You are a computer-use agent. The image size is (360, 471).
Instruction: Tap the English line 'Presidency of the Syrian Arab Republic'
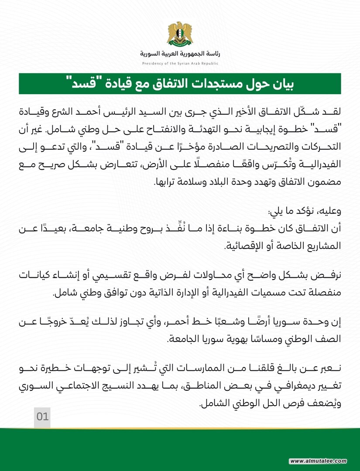point(180,64)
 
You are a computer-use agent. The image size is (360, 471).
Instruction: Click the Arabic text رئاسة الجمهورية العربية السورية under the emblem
point(180,54)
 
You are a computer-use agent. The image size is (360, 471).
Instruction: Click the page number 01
point(42,416)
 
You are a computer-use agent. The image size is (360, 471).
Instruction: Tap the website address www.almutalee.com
point(318,461)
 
